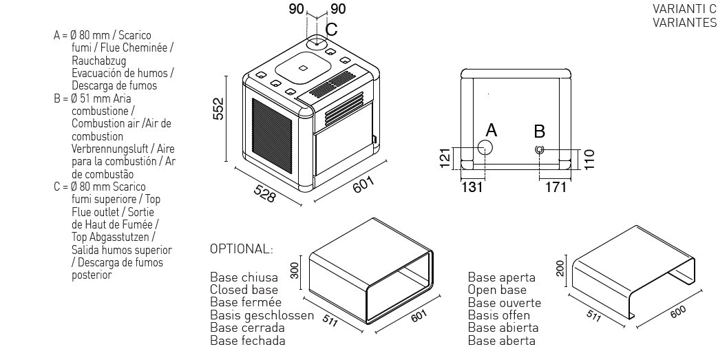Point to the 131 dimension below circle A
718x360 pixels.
click(472, 187)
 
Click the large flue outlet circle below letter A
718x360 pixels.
click(485, 148)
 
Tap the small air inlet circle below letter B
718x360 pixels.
click(540, 149)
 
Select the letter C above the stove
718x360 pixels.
click(331, 30)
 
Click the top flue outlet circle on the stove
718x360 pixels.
click(317, 41)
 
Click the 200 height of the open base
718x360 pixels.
click(560, 268)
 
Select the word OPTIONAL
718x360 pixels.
click(241, 248)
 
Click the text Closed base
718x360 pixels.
click(244, 290)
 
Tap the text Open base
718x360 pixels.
click(497, 290)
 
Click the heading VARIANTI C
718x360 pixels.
click(684, 8)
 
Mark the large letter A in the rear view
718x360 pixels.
click(491, 129)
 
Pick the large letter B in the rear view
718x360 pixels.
click(540, 129)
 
